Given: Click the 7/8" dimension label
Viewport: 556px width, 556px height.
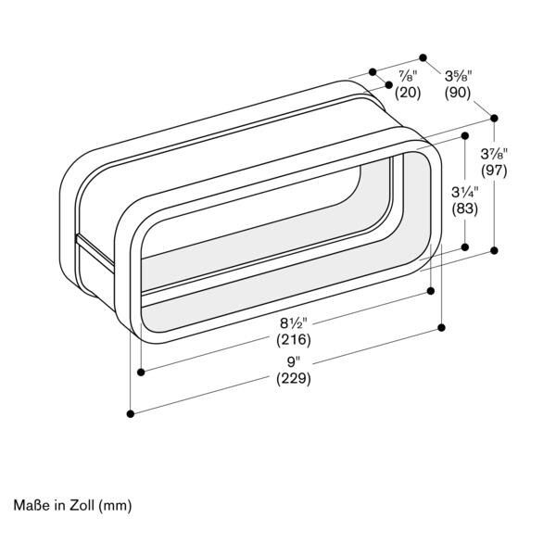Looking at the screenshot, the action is [408, 76].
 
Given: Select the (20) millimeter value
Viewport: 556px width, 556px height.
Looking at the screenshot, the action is [408, 93].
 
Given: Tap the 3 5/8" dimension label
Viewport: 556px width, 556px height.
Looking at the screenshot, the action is [459, 76].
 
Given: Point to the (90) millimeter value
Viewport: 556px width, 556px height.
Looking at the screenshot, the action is [458, 93].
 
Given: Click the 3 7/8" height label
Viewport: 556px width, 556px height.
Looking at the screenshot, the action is [494, 154].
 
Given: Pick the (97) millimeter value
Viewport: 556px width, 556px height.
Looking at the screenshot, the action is [494, 171].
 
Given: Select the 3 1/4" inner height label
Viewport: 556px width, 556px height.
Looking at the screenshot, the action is [465, 192].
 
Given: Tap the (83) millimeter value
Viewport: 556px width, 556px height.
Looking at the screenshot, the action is [465, 208].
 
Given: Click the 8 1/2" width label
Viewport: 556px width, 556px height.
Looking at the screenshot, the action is [294, 323].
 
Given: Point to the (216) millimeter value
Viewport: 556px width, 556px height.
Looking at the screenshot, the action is [294, 340].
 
